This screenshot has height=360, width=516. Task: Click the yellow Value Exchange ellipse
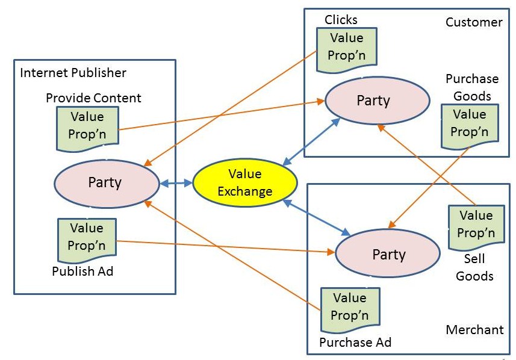tap(245, 182)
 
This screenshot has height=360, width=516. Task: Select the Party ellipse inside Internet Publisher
tap(105, 182)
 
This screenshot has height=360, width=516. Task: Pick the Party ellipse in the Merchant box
tap(388, 254)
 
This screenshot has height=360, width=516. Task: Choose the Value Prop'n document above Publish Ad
tap(87, 237)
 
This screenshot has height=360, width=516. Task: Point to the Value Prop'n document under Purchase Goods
tap(469, 123)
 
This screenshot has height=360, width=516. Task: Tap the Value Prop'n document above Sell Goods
tap(475, 224)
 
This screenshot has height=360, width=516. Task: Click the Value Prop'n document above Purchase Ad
tap(349, 307)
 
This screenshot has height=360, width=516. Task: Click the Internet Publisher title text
tap(73, 73)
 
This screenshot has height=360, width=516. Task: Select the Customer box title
tap(473, 22)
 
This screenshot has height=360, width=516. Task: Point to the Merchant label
tap(474, 329)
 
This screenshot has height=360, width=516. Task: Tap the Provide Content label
tap(93, 98)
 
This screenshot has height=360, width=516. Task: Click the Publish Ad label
tap(82, 271)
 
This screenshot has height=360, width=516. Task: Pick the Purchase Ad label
tap(355, 343)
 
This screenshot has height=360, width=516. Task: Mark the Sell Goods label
tap(474, 268)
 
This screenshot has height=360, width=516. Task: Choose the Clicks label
tap(341, 20)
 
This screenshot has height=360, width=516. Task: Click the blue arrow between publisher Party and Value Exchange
tap(174, 182)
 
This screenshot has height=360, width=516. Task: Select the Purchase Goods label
tap(472, 87)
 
